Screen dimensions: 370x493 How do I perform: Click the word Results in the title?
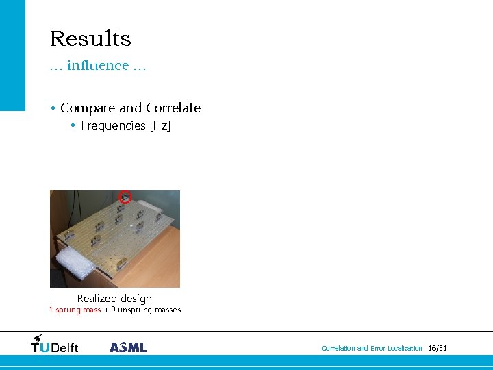click(x=90, y=39)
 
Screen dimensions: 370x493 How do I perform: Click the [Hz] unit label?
click(x=160, y=125)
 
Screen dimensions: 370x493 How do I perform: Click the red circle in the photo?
click(x=125, y=197)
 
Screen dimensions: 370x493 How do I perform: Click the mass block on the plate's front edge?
click(x=121, y=263)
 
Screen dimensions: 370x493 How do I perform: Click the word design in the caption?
click(x=136, y=299)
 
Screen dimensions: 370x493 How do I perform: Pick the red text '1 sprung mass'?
click(x=75, y=310)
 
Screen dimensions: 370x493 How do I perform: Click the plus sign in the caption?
click(x=105, y=310)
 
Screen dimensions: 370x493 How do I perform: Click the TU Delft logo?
click(x=55, y=345)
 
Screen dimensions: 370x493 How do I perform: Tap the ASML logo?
click(x=129, y=347)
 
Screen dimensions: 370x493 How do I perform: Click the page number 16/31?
click(x=437, y=349)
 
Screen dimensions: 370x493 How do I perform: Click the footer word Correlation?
click(x=338, y=349)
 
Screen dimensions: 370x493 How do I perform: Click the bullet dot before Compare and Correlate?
click(x=53, y=108)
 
